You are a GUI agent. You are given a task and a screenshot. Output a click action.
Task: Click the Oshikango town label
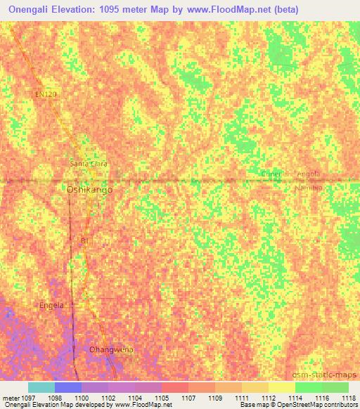click(x=89, y=190)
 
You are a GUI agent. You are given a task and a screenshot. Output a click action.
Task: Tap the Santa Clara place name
click(x=89, y=164)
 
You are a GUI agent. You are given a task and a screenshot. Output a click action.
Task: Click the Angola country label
click(x=309, y=174)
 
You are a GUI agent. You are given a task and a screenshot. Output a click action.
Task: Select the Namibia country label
click(x=308, y=188)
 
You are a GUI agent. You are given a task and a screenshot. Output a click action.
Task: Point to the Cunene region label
click(x=271, y=174)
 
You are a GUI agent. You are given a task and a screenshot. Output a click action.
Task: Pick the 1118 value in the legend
click(x=340, y=398)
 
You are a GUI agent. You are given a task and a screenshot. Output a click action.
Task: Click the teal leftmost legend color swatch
click(x=41, y=387)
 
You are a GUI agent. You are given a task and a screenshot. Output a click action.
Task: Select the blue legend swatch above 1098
click(x=67, y=387)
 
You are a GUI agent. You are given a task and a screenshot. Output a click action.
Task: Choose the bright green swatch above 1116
click(x=308, y=387)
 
